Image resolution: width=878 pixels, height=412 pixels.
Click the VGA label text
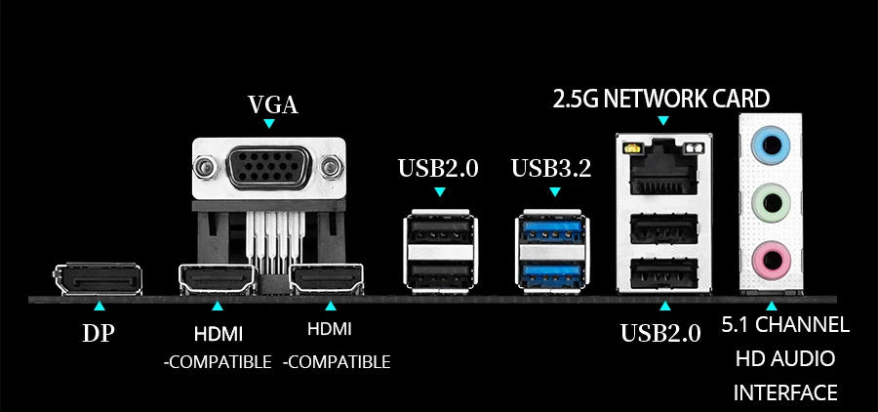(x=272, y=104)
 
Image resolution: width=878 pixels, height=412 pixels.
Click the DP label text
(x=98, y=333)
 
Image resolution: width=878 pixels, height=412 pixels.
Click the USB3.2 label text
(x=551, y=168)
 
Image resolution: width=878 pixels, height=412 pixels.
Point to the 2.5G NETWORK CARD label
(x=661, y=99)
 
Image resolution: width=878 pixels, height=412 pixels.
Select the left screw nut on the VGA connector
(x=205, y=169)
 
